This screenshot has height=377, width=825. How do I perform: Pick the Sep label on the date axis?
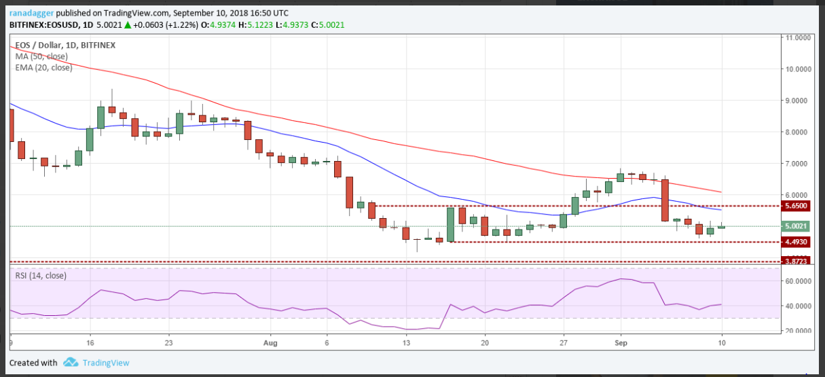click(619, 344)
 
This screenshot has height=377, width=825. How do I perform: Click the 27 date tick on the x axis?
click(564, 344)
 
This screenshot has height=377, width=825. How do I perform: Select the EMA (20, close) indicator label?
click(43, 67)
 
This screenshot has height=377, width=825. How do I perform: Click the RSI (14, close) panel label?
click(42, 275)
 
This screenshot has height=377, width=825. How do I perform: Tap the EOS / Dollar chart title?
click(38, 46)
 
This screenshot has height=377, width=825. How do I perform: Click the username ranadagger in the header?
click(31, 12)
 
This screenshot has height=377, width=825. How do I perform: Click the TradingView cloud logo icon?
click(70, 363)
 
